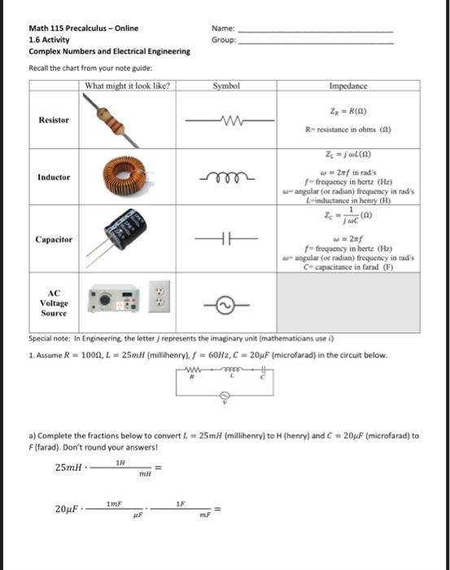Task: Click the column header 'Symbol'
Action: pyautogui.click(x=226, y=85)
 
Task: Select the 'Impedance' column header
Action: pyautogui.click(x=349, y=85)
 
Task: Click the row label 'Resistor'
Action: pyautogui.click(x=54, y=120)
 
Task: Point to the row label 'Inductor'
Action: pyautogui.click(x=54, y=177)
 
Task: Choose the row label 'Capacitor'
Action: pyautogui.click(x=54, y=239)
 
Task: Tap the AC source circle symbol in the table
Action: pyautogui.click(x=226, y=303)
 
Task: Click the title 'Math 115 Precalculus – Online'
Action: pyautogui.click(x=83, y=28)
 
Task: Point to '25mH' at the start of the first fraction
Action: pyautogui.click(x=67, y=467)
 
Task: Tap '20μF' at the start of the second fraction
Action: pyautogui.click(x=66, y=509)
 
